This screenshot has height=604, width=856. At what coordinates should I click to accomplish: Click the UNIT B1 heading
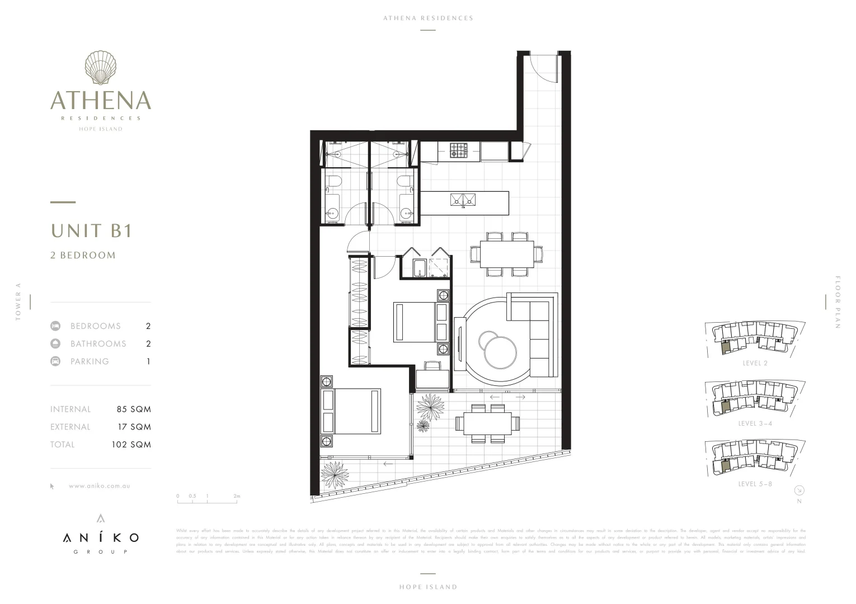[92, 230]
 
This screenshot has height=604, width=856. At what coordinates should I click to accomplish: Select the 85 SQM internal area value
[134, 409]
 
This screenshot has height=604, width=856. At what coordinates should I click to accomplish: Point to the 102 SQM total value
[131, 445]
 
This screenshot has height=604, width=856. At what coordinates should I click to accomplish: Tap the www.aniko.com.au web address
[100, 486]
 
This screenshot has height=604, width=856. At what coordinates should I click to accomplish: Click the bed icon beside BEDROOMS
[55, 326]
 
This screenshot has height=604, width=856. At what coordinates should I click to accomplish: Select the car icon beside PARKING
[55, 361]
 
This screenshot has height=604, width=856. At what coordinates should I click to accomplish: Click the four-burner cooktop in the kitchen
[459, 150]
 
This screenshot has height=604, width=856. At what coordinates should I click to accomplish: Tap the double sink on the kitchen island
[463, 199]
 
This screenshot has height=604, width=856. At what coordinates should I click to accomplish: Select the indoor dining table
[507, 254]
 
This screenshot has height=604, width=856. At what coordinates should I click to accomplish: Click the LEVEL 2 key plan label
[755, 364]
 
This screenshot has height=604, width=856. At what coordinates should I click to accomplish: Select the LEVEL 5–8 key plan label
[755, 484]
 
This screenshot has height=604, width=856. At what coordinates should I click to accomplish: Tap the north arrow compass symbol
[799, 490]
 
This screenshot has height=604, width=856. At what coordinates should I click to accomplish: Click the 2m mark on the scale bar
[237, 496]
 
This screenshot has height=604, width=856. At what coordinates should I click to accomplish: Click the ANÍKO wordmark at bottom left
[101, 538]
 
